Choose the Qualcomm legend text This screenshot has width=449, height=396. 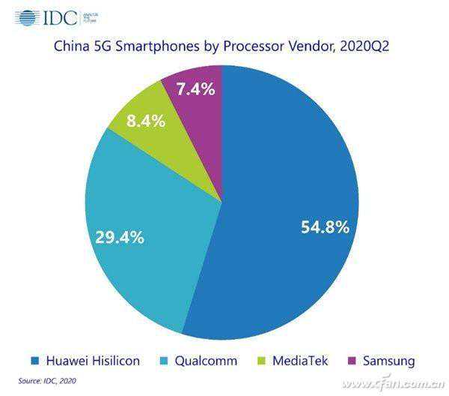[204, 361]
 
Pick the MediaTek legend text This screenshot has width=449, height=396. [298, 361]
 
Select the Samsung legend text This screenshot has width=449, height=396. [388, 361]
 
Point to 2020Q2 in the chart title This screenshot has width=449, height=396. [365, 47]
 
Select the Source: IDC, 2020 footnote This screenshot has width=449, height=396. [46, 381]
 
